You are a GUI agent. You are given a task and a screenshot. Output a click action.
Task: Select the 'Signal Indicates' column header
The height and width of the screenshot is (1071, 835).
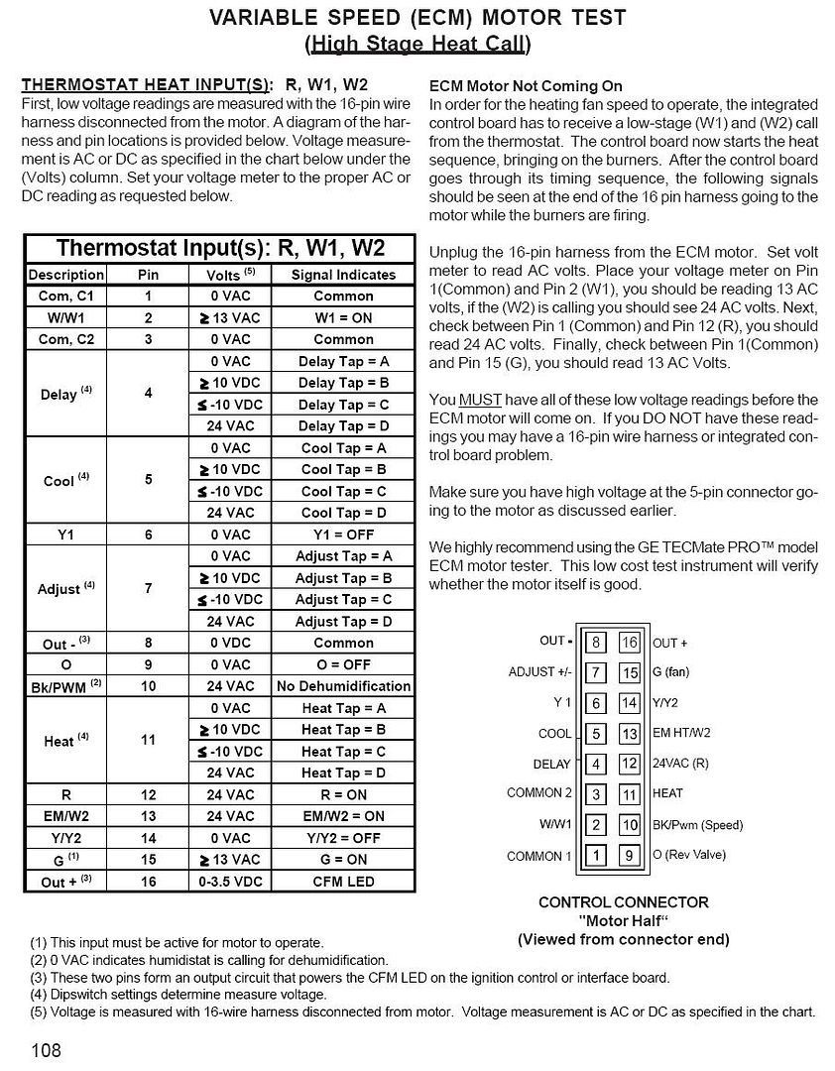(x=343, y=275)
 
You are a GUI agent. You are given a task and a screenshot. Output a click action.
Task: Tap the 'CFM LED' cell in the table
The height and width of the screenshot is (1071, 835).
(x=343, y=881)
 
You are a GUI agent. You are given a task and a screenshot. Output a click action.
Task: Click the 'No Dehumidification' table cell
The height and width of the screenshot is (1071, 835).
(x=343, y=686)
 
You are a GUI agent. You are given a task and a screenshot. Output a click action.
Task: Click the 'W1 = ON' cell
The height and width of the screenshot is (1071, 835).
(x=343, y=317)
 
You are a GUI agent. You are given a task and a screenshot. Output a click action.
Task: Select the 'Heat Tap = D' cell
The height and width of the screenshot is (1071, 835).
(x=343, y=773)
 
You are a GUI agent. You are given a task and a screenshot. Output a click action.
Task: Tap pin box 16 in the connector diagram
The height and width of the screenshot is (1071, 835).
(x=630, y=643)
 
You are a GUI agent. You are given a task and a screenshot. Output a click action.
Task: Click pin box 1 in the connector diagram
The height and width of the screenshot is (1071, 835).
(x=595, y=855)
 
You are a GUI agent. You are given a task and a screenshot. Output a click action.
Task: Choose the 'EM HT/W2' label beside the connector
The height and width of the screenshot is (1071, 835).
(x=681, y=734)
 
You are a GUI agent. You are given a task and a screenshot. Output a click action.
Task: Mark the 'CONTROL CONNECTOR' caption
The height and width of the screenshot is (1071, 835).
(x=623, y=902)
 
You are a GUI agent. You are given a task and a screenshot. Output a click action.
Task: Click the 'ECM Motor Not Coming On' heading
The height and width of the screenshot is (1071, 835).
(x=526, y=86)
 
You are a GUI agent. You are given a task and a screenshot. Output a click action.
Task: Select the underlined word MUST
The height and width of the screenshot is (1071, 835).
(x=473, y=400)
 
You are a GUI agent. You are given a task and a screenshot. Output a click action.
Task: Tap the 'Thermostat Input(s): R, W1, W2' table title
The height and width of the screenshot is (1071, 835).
(x=219, y=248)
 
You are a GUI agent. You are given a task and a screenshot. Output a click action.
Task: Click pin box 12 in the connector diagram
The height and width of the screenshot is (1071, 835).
(x=630, y=765)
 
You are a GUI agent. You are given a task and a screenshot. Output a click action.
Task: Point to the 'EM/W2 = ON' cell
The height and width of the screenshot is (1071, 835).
(x=343, y=816)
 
